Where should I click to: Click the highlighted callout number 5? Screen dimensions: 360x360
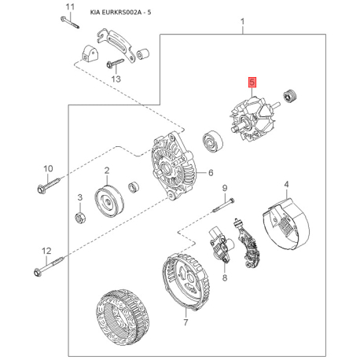point(252,83)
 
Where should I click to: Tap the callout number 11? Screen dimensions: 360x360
point(70,7)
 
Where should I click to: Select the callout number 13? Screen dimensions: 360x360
point(116,79)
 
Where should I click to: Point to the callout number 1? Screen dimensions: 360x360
point(243,21)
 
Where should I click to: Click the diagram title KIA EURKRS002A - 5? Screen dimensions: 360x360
point(120,13)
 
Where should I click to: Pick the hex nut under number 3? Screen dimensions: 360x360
point(79,218)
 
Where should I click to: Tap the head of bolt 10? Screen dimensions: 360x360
point(42,189)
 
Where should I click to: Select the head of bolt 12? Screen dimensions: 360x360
point(38,272)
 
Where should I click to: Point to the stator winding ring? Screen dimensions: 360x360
point(123,318)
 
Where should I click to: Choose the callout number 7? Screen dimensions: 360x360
point(186,322)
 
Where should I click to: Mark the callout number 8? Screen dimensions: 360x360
point(225,277)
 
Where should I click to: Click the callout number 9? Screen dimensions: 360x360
point(225,188)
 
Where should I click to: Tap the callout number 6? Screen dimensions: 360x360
point(211,173)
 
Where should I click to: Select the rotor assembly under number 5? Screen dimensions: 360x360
point(252,120)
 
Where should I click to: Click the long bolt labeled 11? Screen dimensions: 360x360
point(70,23)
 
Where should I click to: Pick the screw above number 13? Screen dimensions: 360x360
point(115,63)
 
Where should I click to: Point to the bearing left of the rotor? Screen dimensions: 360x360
point(213,141)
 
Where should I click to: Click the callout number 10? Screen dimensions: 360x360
point(48,168)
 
